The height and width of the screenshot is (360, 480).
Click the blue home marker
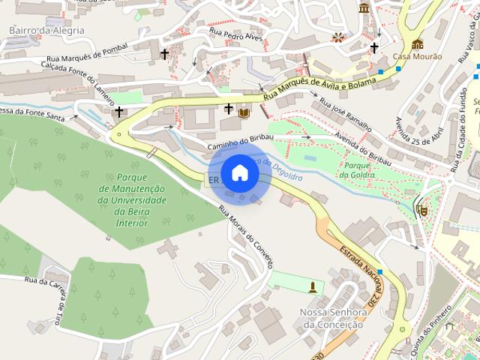(x=239, y=173)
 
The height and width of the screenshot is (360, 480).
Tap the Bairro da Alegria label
(x=46, y=30)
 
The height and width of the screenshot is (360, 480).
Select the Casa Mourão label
(x=416, y=56)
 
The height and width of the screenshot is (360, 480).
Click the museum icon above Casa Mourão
(x=417, y=43)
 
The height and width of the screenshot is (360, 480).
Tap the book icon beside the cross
(x=244, y=112)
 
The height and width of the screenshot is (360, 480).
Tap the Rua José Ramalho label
(x=346, y=113)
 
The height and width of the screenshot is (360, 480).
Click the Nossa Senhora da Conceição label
(x=331, y=318)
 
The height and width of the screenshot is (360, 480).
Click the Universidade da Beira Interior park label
(x=131, y=196)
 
